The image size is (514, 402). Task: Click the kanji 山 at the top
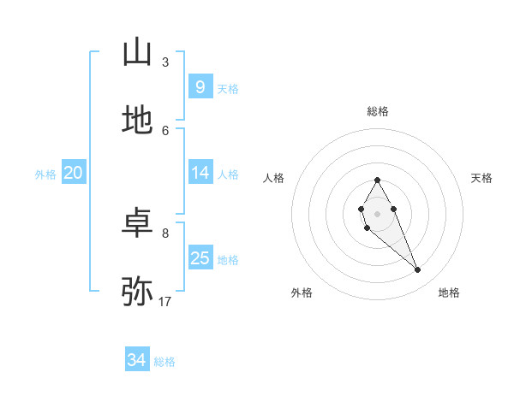coord(137,53)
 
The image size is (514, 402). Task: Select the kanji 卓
coord(137,224)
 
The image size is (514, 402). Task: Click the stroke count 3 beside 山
coord(165,62)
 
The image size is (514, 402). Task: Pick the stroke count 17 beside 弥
coord(165,301)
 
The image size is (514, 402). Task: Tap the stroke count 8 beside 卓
coord(165,233)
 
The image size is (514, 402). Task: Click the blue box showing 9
coord(200,86)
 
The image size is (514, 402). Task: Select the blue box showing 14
coord(200,173)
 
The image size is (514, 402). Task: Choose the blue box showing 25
coord(200,258)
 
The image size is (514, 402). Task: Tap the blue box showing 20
coord(73,173)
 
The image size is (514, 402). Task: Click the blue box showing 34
coord(136,360)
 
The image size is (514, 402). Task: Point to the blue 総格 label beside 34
coord(164,362)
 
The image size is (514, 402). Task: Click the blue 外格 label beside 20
coord(45,174)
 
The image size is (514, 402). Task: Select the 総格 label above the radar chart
coord(378,111)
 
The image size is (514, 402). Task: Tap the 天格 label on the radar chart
coord(481,178)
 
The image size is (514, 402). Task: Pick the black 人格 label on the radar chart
coord(274,178)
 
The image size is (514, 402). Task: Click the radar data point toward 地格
coord(418,270)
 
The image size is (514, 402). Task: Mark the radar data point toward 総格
coord(377,180)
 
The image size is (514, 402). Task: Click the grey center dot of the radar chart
coord(377,213)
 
